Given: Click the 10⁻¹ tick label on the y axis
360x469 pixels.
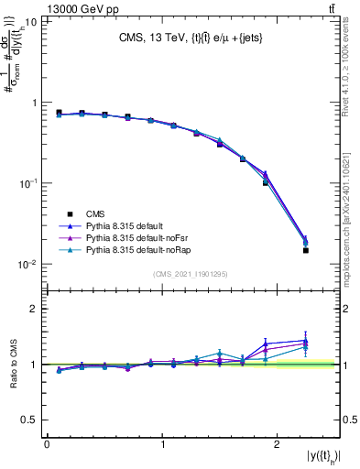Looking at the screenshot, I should tap(28, 183).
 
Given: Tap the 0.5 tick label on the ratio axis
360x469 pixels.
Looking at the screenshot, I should tap(30, 420).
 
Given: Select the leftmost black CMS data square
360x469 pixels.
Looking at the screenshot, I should tap(59, 113).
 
